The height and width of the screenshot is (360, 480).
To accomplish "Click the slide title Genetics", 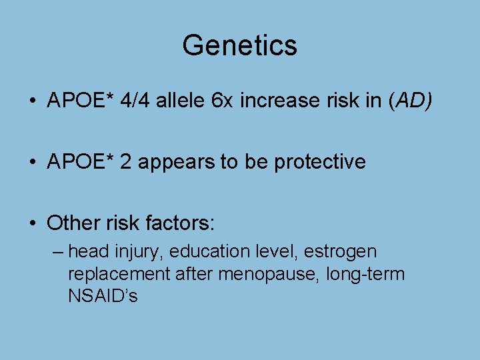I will click(x=239, y=45).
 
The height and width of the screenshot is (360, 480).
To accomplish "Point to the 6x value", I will click(x=222, y=101).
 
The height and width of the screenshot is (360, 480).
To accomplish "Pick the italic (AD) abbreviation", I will click(x=407, y=101).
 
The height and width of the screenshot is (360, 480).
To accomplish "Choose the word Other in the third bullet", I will click(x=73, y=223).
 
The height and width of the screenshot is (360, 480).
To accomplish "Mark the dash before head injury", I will click(x=57, y=252).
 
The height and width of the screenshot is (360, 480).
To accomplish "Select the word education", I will click(x=213, y=252).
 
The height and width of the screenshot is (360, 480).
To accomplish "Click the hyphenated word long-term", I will click(x=365, y=274).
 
